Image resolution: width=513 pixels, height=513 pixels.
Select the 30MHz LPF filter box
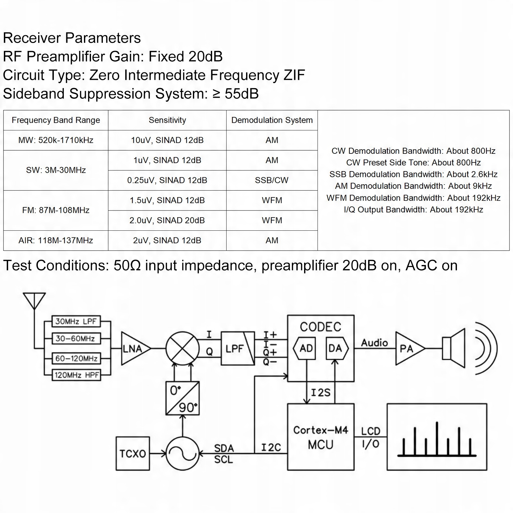pyautogui.click(x=76, y=321)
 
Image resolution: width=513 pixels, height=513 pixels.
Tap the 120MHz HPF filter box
pyautogui.click(x=76, y=375)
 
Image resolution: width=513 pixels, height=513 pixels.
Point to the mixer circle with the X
pyautogui.click(x=182, y=348)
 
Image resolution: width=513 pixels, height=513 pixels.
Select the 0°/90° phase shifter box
pyautogui.click(x=182, y=398)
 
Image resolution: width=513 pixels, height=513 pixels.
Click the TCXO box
pyautogui.click(x=133, y=453)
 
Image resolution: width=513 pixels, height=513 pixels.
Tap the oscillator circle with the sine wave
pyautogui.click(x=182, y=453)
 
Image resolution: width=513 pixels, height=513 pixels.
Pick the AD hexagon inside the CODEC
pyautogui.click(x=305, y=348)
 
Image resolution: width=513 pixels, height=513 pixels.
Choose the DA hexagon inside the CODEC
pyautogui.click(x=337, y=348)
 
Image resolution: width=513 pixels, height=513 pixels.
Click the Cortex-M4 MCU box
pyautogui.click(x=321, y=437)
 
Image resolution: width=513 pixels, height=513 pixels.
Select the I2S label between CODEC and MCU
pyautogui.click(x=320, y=393)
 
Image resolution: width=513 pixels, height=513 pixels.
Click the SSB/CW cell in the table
pyautogui.click(x=272, y=180)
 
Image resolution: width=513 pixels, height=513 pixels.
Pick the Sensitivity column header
pyautogui.click(x=167, y=120)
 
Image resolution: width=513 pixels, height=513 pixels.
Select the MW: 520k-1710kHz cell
pyautogui.click(x=56, y=140)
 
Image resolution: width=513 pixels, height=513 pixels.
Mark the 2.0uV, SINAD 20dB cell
pyautogui.click(x=167, y=220)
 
